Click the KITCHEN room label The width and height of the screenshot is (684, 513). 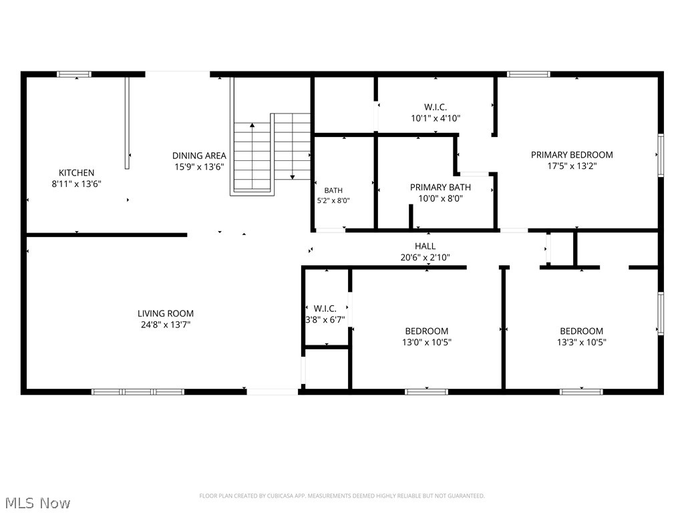(x=76, y=173)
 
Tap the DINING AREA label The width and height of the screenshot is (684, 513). (x=199, y=156)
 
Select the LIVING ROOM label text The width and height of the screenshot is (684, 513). (x=166, y=313)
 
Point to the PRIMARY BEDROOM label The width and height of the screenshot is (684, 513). (x=572, y=155)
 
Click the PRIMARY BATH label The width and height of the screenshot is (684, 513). (x=440, y=188)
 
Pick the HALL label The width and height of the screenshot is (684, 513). (x=425, y=246)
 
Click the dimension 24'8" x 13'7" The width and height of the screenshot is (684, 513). (x=166, y=325)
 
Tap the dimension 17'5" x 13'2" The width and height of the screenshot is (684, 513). (x=572, y=166)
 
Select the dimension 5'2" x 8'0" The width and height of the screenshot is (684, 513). (x=333, y=200)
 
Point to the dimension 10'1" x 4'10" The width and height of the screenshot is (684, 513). (x=436, y=118)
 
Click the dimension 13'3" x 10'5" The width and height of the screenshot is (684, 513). (x=582, y=343)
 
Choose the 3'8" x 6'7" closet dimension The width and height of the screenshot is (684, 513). (x=325, y=320)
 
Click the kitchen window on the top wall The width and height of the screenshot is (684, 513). (x=74, y=74)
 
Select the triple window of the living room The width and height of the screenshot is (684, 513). (x=138, y=391)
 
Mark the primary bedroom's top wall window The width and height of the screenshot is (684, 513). (x=528, y=74)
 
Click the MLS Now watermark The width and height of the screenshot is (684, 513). (x=35, y=503)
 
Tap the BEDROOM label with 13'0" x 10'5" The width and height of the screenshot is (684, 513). (x=427, y=331)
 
